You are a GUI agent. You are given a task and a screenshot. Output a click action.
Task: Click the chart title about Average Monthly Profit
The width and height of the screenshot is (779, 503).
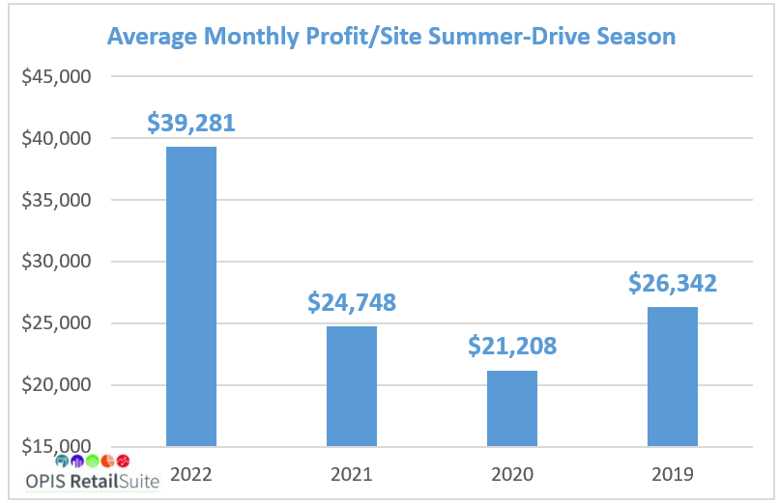coord(390,37)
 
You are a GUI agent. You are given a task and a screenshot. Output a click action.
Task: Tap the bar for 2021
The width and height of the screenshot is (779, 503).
coord(352,386)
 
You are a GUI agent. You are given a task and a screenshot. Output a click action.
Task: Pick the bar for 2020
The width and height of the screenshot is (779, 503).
coord(512,408)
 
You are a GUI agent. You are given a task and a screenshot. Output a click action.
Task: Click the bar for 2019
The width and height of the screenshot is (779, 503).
coord(673,377)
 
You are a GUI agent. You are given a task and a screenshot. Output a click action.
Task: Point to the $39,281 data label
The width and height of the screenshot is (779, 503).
coord(191,123)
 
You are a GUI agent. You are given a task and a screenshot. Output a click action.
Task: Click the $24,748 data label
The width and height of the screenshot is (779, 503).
coord(352,302)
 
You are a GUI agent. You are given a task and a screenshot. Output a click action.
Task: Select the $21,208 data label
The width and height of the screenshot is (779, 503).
coord(512,346)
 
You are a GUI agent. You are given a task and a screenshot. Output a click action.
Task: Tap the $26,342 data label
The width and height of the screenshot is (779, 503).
coord(673,283)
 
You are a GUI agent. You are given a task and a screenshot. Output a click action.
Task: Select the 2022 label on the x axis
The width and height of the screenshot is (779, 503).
coord(191,474)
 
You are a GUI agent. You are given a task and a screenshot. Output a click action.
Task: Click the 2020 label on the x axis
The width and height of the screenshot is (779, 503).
coord(512,474)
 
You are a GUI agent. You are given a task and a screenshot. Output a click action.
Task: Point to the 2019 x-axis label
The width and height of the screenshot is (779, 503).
coord(673,474)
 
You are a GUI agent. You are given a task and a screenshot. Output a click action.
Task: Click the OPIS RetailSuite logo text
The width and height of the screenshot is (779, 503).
coord(93,480)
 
